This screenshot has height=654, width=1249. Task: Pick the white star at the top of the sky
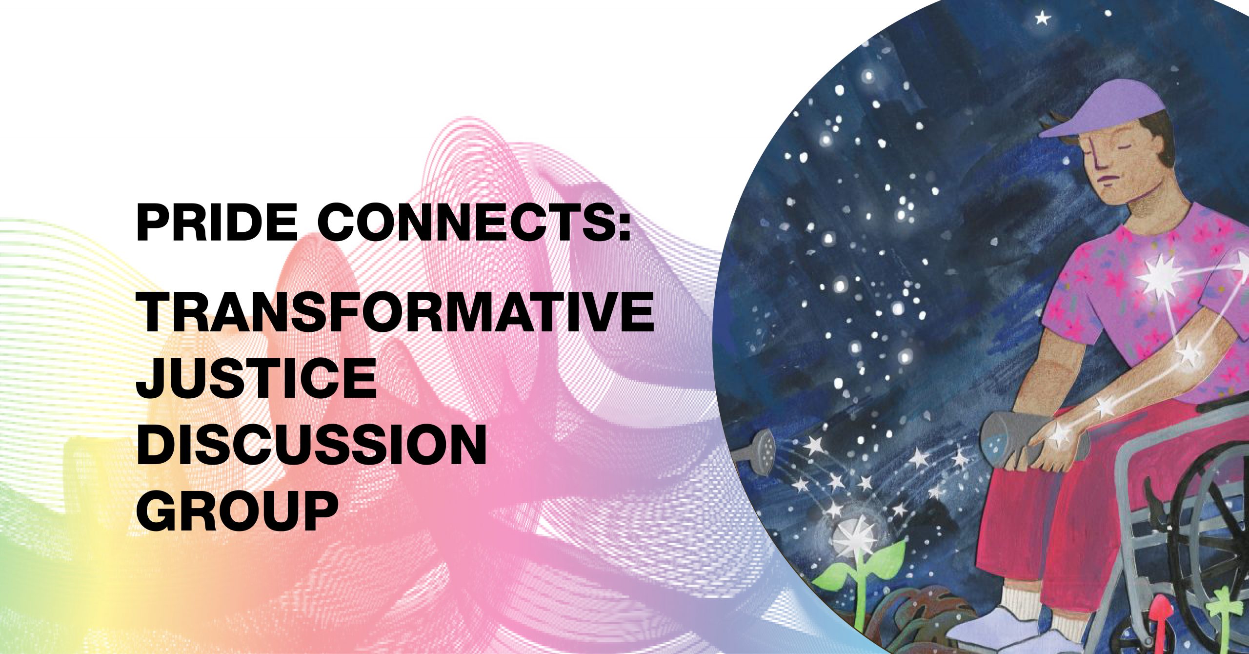pos(1042,19)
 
